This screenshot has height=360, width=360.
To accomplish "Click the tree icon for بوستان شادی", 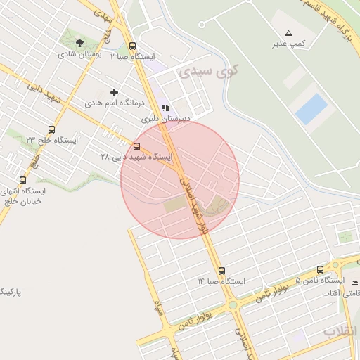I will [79, 43].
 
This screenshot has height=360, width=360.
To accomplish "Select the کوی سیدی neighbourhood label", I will [209, 71].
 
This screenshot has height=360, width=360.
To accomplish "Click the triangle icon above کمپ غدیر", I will [288, 33].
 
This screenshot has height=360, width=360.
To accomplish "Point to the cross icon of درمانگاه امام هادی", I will [115, 92].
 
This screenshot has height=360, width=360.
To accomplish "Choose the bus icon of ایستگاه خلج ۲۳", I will [51, 129].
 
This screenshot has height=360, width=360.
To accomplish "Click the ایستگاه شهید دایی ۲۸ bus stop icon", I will [136, 146].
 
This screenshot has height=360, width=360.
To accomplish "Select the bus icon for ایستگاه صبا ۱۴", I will [221, 271].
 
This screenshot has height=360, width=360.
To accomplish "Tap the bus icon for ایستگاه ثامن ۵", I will [321, 269].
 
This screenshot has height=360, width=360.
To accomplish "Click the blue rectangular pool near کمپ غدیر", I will [311, 109].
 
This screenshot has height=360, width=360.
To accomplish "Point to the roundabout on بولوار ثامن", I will [233, 305].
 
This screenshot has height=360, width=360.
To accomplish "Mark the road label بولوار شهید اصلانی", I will [195, 204].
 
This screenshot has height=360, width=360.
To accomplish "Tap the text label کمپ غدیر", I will [290, 44].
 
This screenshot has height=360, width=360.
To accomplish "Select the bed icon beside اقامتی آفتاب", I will [354, 283].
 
